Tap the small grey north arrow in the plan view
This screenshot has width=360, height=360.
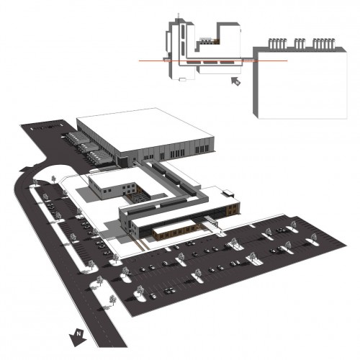236,81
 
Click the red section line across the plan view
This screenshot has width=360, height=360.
213,61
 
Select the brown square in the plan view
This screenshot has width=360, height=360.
217,41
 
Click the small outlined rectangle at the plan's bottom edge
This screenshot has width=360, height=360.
183,79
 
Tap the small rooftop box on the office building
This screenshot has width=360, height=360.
228,193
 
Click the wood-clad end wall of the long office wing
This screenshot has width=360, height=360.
233,208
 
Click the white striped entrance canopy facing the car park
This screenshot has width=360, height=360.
211,221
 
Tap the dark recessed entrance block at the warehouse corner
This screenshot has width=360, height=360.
122,161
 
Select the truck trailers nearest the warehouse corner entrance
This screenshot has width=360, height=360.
100,157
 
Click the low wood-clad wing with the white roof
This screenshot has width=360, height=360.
174,230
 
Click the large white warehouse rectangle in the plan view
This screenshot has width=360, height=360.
302,86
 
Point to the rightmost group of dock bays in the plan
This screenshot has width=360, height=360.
324,43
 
